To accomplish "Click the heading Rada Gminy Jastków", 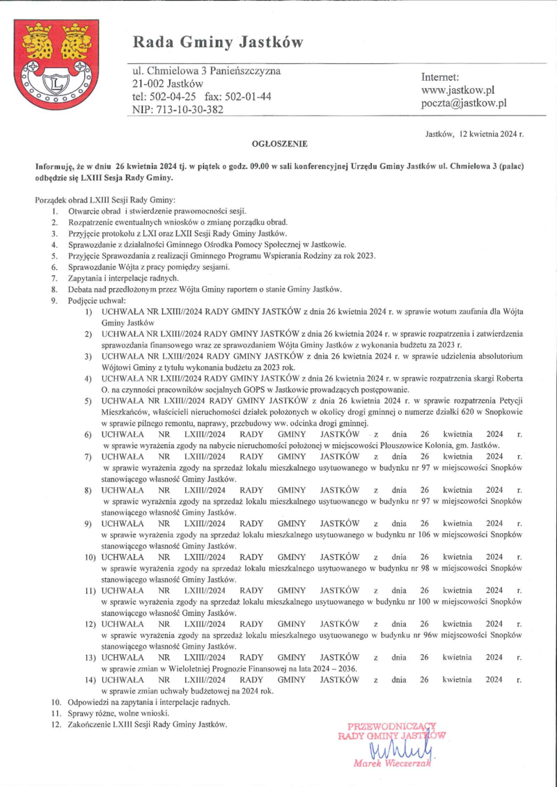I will coord(218,43).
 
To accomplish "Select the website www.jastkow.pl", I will coord(457,90).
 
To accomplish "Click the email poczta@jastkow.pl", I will coord(464,103).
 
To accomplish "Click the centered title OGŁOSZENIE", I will coord(278,143).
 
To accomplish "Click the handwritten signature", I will coord(393,749).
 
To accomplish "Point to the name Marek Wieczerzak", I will coord(393,763).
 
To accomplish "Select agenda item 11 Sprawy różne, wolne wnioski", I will coord(118,713).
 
